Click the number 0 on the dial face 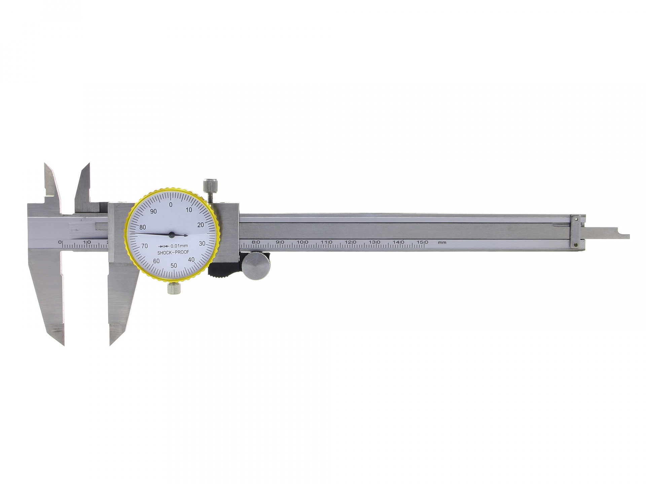[171, 205]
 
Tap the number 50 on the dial [174, 266]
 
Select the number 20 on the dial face [201, 225]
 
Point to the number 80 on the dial [143, 227]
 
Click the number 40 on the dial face [191, 259]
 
